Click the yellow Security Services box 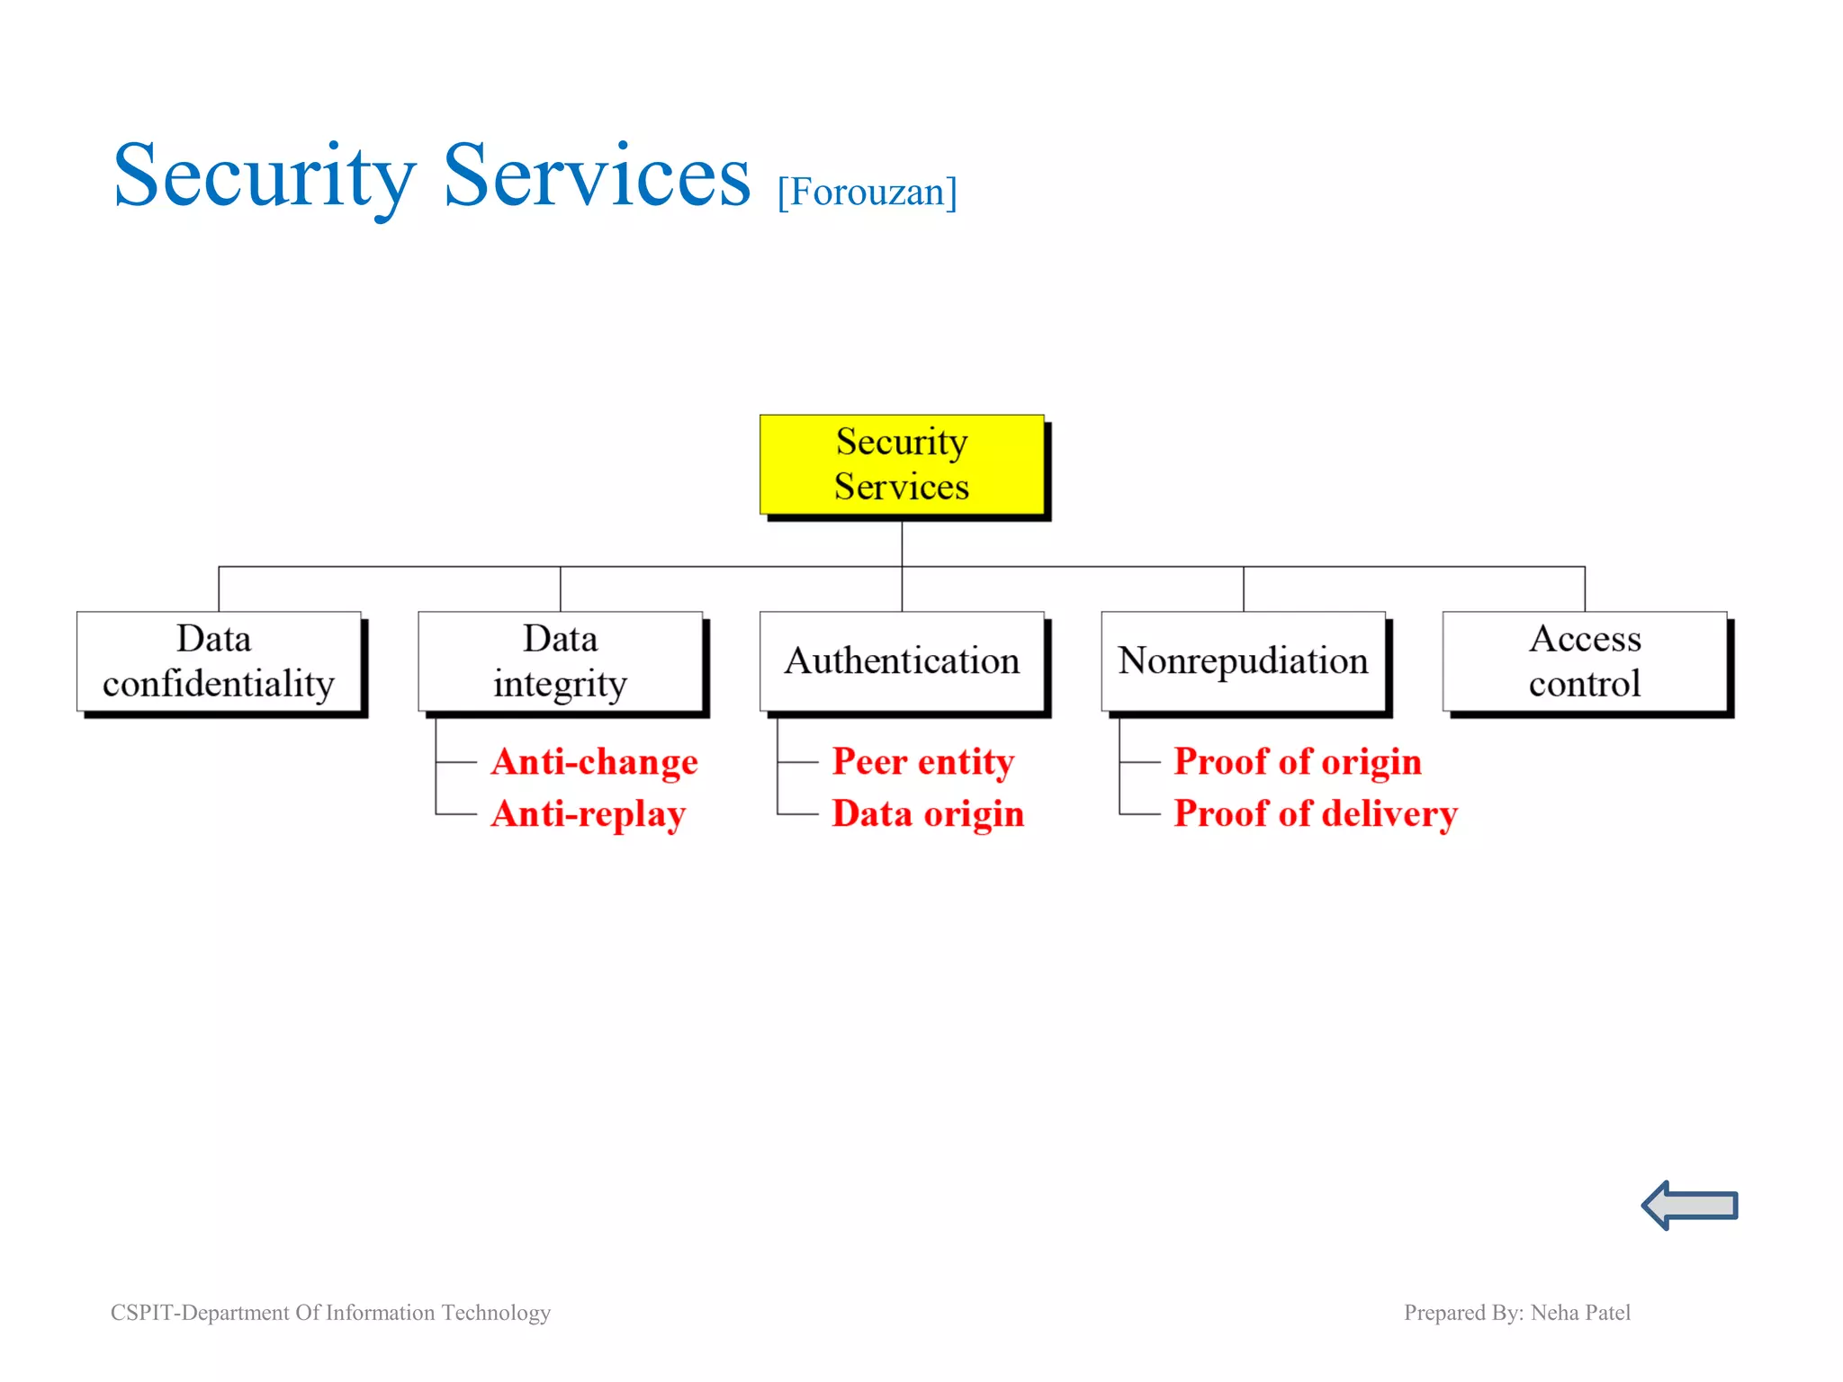[x=902, y=464]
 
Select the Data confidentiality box [x=219, y=661]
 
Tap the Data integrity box [x=560, y=661]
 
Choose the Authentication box [x=902, y=661]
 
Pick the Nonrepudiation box [x=1243, y=661]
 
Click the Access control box [x=1584, y=661]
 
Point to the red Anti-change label [x=594, y=762]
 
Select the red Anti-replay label [x=589, y=814]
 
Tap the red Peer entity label [x=922, y=762]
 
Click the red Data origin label [x=928, y=814]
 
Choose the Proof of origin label [x=1297, y=762]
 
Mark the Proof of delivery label [x=1315, y=814]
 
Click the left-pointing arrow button [x=1689, y=1205]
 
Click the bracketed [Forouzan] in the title [x=867, y=193]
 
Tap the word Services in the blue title [x=597, y=176]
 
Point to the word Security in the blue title [x=265, y=176]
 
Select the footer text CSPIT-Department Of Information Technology [x=330, y=1313]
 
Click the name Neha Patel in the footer [x=1580, y=1313]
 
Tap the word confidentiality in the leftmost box [x=219, y=685]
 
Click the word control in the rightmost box [x=1584, y=685]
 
